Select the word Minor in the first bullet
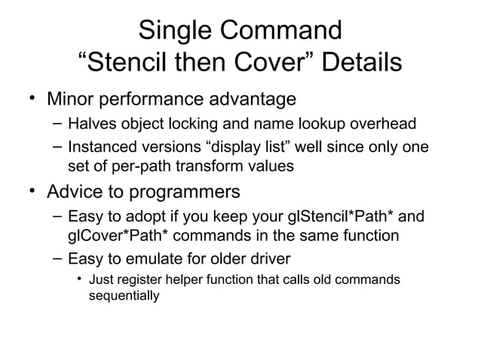(73, 99)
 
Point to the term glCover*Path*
(112, 236)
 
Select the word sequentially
(124, 296)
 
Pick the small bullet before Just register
(78, 280)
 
